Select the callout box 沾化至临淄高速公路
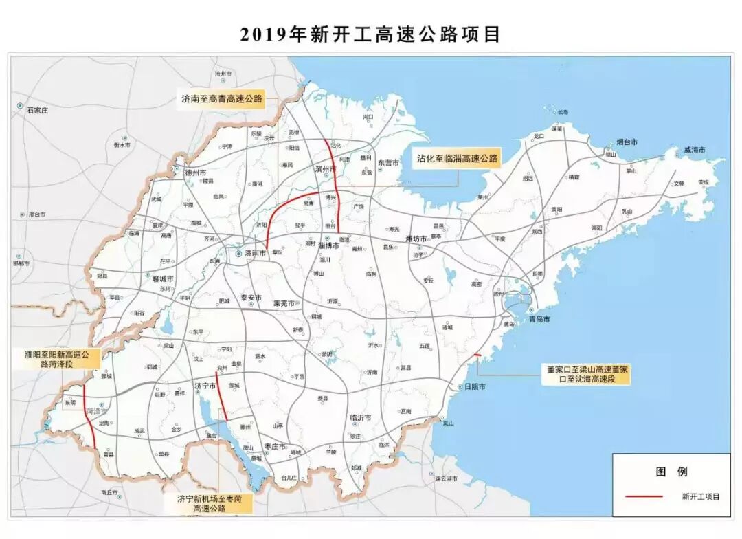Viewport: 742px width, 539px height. coord(456,158)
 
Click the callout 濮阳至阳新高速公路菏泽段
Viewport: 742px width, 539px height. coord(58,359)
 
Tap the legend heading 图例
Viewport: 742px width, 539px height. coord(671,472)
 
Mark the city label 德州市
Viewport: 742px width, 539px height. coord(194,172)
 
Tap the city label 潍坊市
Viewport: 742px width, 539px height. coord(417,239)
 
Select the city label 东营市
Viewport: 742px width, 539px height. coord(388,163)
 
